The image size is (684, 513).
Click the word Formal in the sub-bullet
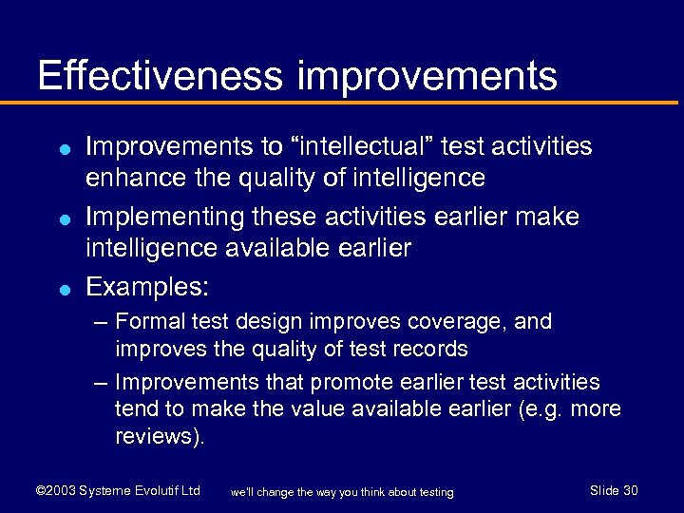coord(149,322)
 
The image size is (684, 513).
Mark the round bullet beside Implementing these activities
coord(61,218)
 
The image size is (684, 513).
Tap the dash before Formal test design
coord(101,322)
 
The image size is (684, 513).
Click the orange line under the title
coord(342,104)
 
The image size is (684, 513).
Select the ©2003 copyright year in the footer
coord(54,491)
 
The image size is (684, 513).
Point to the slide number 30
coord(629,490)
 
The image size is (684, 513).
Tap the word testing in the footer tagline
coord(434,492)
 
